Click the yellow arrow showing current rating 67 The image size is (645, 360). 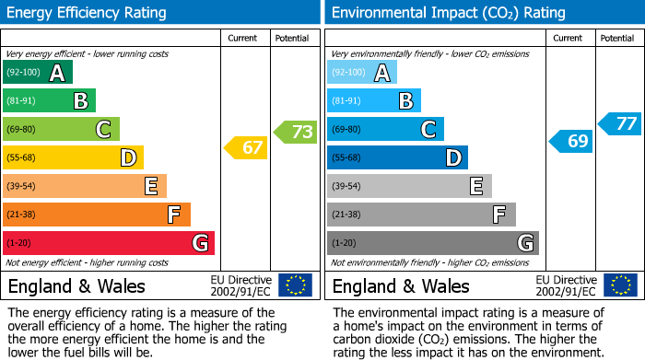[246, 147]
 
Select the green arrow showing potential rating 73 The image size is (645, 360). [296, 132]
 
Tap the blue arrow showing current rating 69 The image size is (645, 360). [570, 141]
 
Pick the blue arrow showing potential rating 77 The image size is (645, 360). [620, 123]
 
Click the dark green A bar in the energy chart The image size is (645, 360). [38, 73]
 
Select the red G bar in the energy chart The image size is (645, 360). [109, 243]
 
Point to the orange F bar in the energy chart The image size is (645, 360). [97, 215]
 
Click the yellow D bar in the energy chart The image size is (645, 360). [73, 157]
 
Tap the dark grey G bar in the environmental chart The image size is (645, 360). [432, 243]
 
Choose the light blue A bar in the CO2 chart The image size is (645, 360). [362, 73]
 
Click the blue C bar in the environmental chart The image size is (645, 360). [385, 129]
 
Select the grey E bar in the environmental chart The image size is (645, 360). [409, 186]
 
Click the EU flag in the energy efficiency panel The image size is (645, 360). [295, 285]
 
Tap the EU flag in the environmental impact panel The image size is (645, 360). [619, 285]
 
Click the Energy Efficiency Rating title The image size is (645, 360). [88, 13]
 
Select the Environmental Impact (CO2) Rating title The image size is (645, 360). [448, 13]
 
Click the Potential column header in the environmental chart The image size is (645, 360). [617, 38]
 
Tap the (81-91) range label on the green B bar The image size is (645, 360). [22, 101]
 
